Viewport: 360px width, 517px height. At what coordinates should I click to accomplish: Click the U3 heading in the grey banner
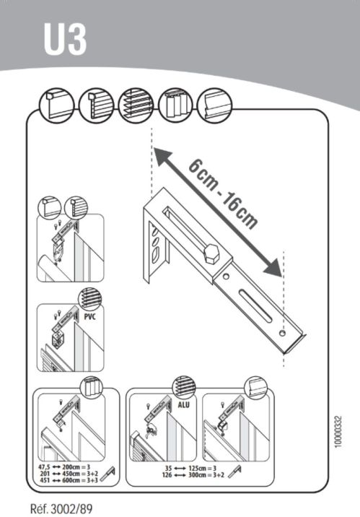tap(65, 40)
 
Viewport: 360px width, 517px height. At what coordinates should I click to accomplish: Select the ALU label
tap(183, 405)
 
